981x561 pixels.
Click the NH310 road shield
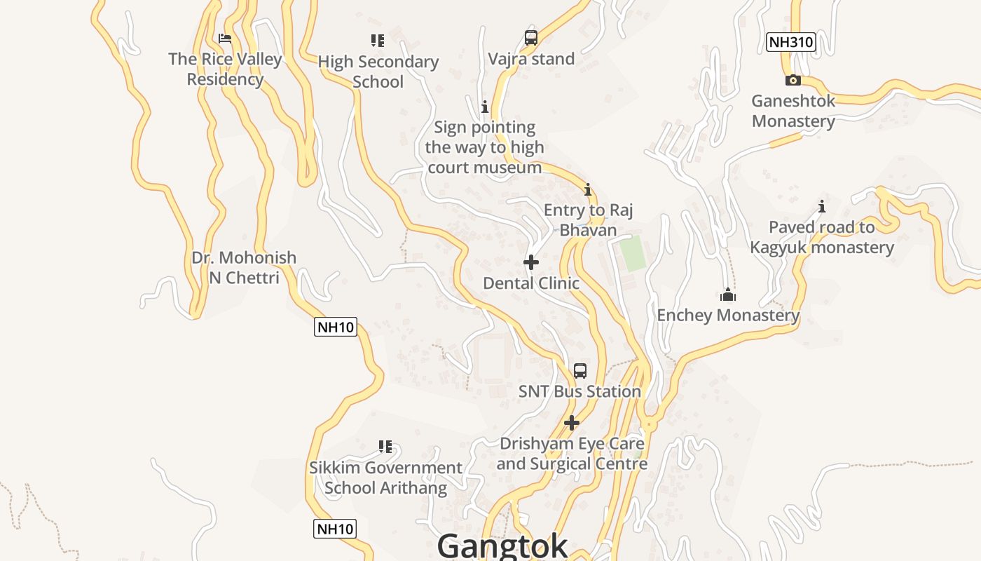tap(790, 42)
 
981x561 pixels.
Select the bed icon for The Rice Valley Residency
tap(225, 39)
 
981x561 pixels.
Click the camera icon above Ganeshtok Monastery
tap(793, 80)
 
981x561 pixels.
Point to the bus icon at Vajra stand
tap(531, 38)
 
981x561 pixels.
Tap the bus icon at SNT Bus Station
tap(580, 370)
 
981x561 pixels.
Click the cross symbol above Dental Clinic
tap(531, 262)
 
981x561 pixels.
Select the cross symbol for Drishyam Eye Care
tap(572, 423)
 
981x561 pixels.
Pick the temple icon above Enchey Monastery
tap(728, 295)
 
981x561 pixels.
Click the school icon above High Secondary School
tap(378, 41)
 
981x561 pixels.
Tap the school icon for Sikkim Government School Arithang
tap(385, 447)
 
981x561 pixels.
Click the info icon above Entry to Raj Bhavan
tap(588, 189)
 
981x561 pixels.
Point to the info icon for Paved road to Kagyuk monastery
tap(822, 206)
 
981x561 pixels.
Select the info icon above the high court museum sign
tap(484, 107)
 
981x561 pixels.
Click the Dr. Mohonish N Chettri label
tap(244, 268)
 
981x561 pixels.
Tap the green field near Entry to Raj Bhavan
tap(633, 254)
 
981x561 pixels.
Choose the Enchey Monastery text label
tap(728, 316)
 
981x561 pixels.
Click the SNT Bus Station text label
tap(579, 391)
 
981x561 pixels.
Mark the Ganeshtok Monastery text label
tap(793, 111)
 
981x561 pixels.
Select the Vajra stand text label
tap(531, 59)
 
